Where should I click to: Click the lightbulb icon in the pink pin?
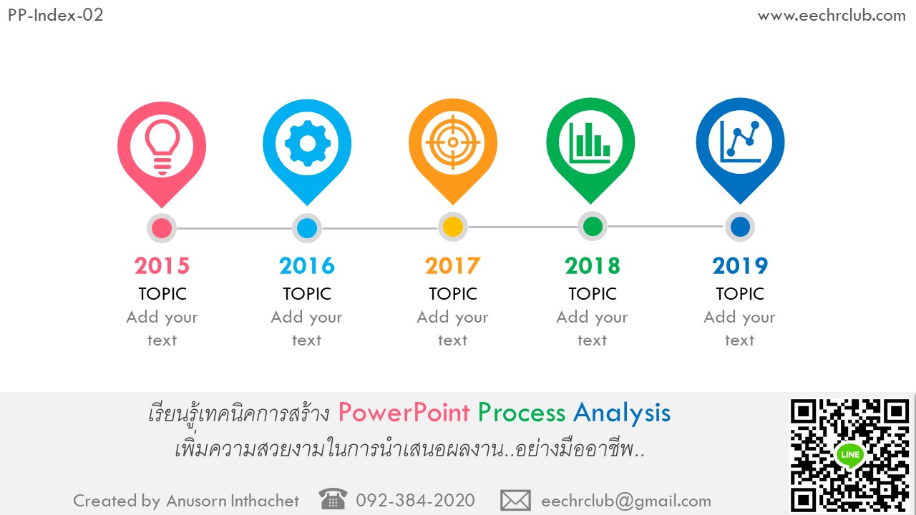click(162, 147)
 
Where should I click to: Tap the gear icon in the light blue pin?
click(308, 143)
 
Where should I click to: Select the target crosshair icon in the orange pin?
click(453, 142)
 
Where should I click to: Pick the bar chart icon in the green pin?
click(590, 142)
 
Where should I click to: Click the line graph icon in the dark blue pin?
click(740, 142)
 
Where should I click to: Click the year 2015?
click(162, 265)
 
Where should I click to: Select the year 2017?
click(453, 265)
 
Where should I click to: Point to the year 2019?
click(740, 265)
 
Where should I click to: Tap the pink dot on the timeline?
click(162, 228)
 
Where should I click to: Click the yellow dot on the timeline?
click(453, 227)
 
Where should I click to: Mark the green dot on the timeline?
click(593, 227)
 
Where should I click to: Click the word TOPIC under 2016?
click(307, 294)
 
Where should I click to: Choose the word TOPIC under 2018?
click(593, 294)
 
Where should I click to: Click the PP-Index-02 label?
click(56, 16)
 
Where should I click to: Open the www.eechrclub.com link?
click(832, 16)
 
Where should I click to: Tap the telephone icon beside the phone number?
click(333, 499)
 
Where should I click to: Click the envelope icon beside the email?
click(515, 501)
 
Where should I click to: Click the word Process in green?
click(522, 413)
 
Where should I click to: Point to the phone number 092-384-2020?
click(415, 500)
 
